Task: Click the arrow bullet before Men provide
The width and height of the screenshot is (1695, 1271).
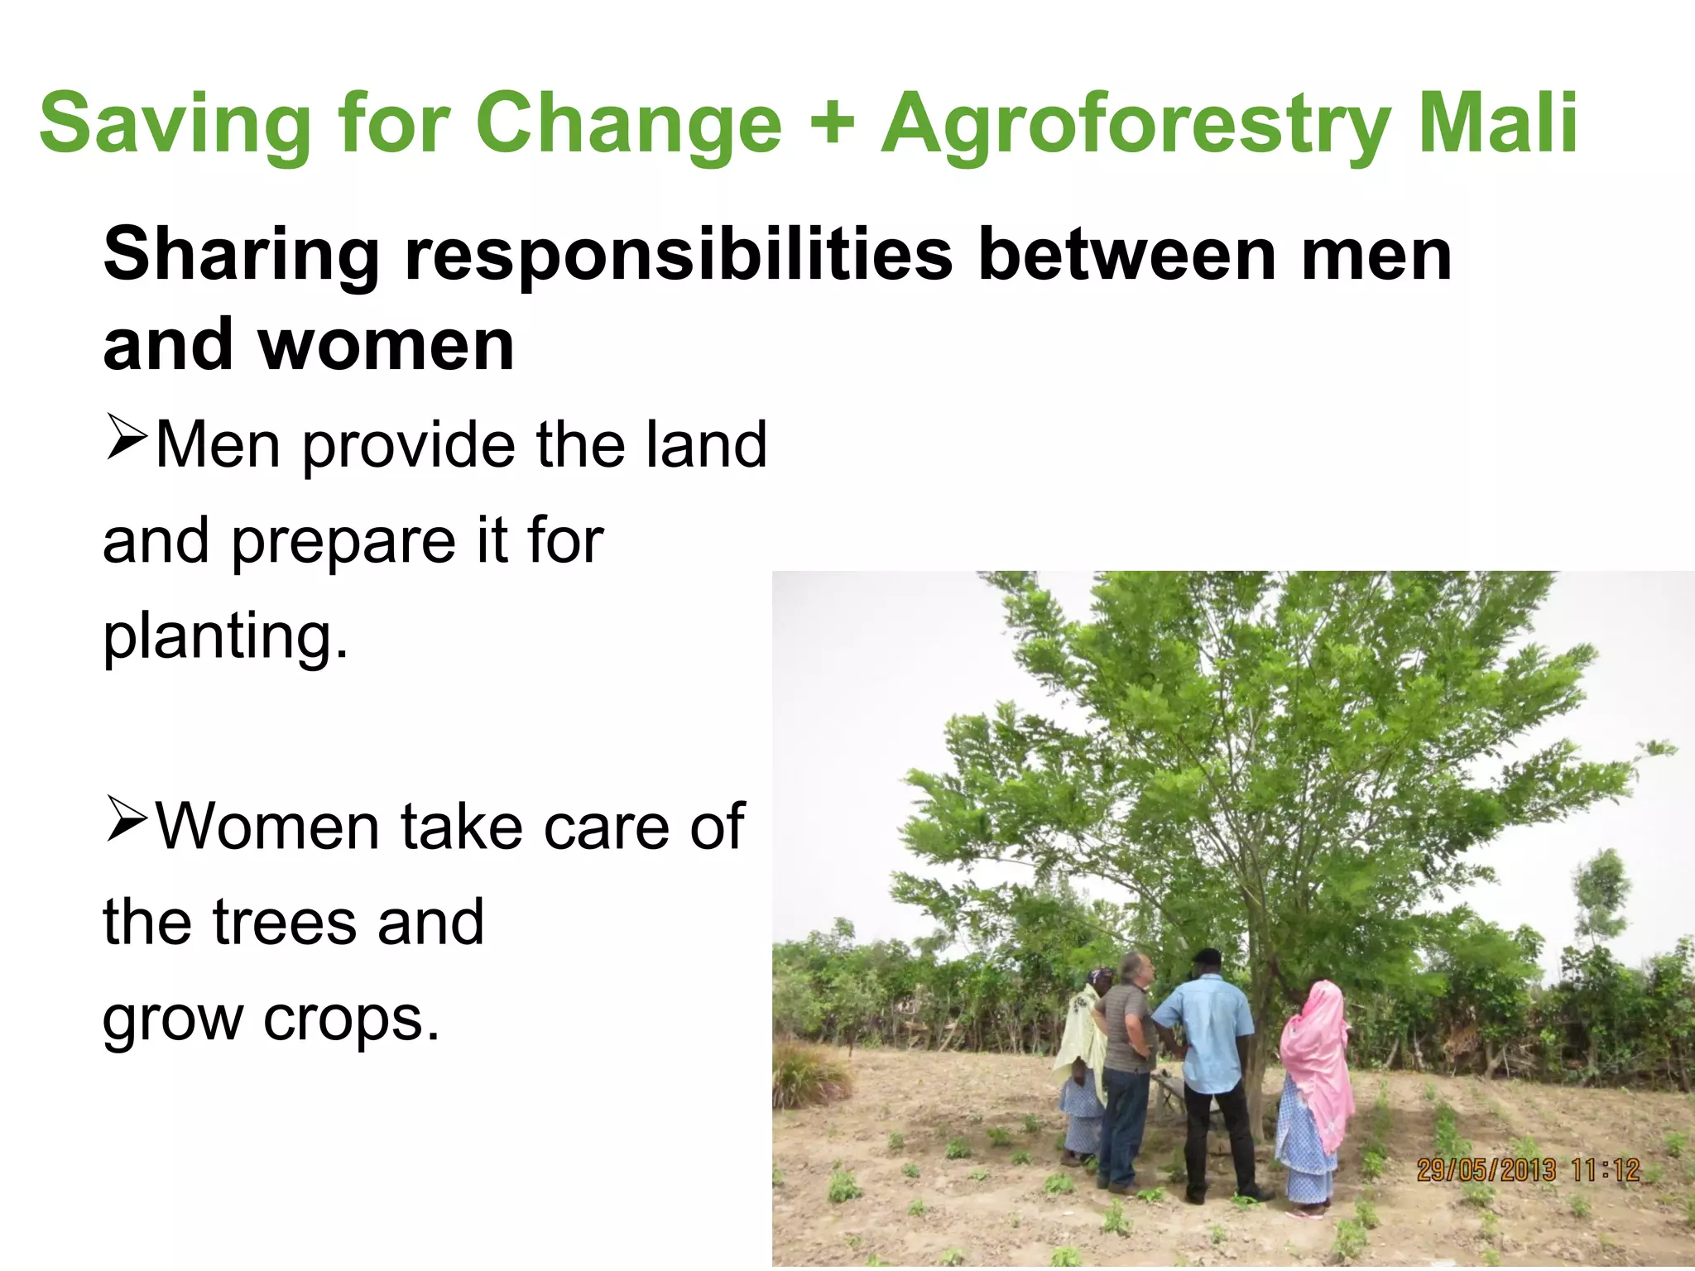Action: pos(126,439)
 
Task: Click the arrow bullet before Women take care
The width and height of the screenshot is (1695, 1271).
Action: pos(126,821)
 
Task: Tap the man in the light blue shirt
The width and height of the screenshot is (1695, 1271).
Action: pos(1210,1067)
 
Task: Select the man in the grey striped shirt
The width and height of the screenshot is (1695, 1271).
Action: pos(1127,1067)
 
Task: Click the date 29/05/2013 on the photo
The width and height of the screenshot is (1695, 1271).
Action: pos(1486,1170)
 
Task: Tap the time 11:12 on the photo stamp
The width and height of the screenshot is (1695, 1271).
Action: pos(1605,1170)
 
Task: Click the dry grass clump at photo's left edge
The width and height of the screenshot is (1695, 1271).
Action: pos(807,1076)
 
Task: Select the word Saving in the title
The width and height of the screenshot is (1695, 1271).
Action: pos(175,126)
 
